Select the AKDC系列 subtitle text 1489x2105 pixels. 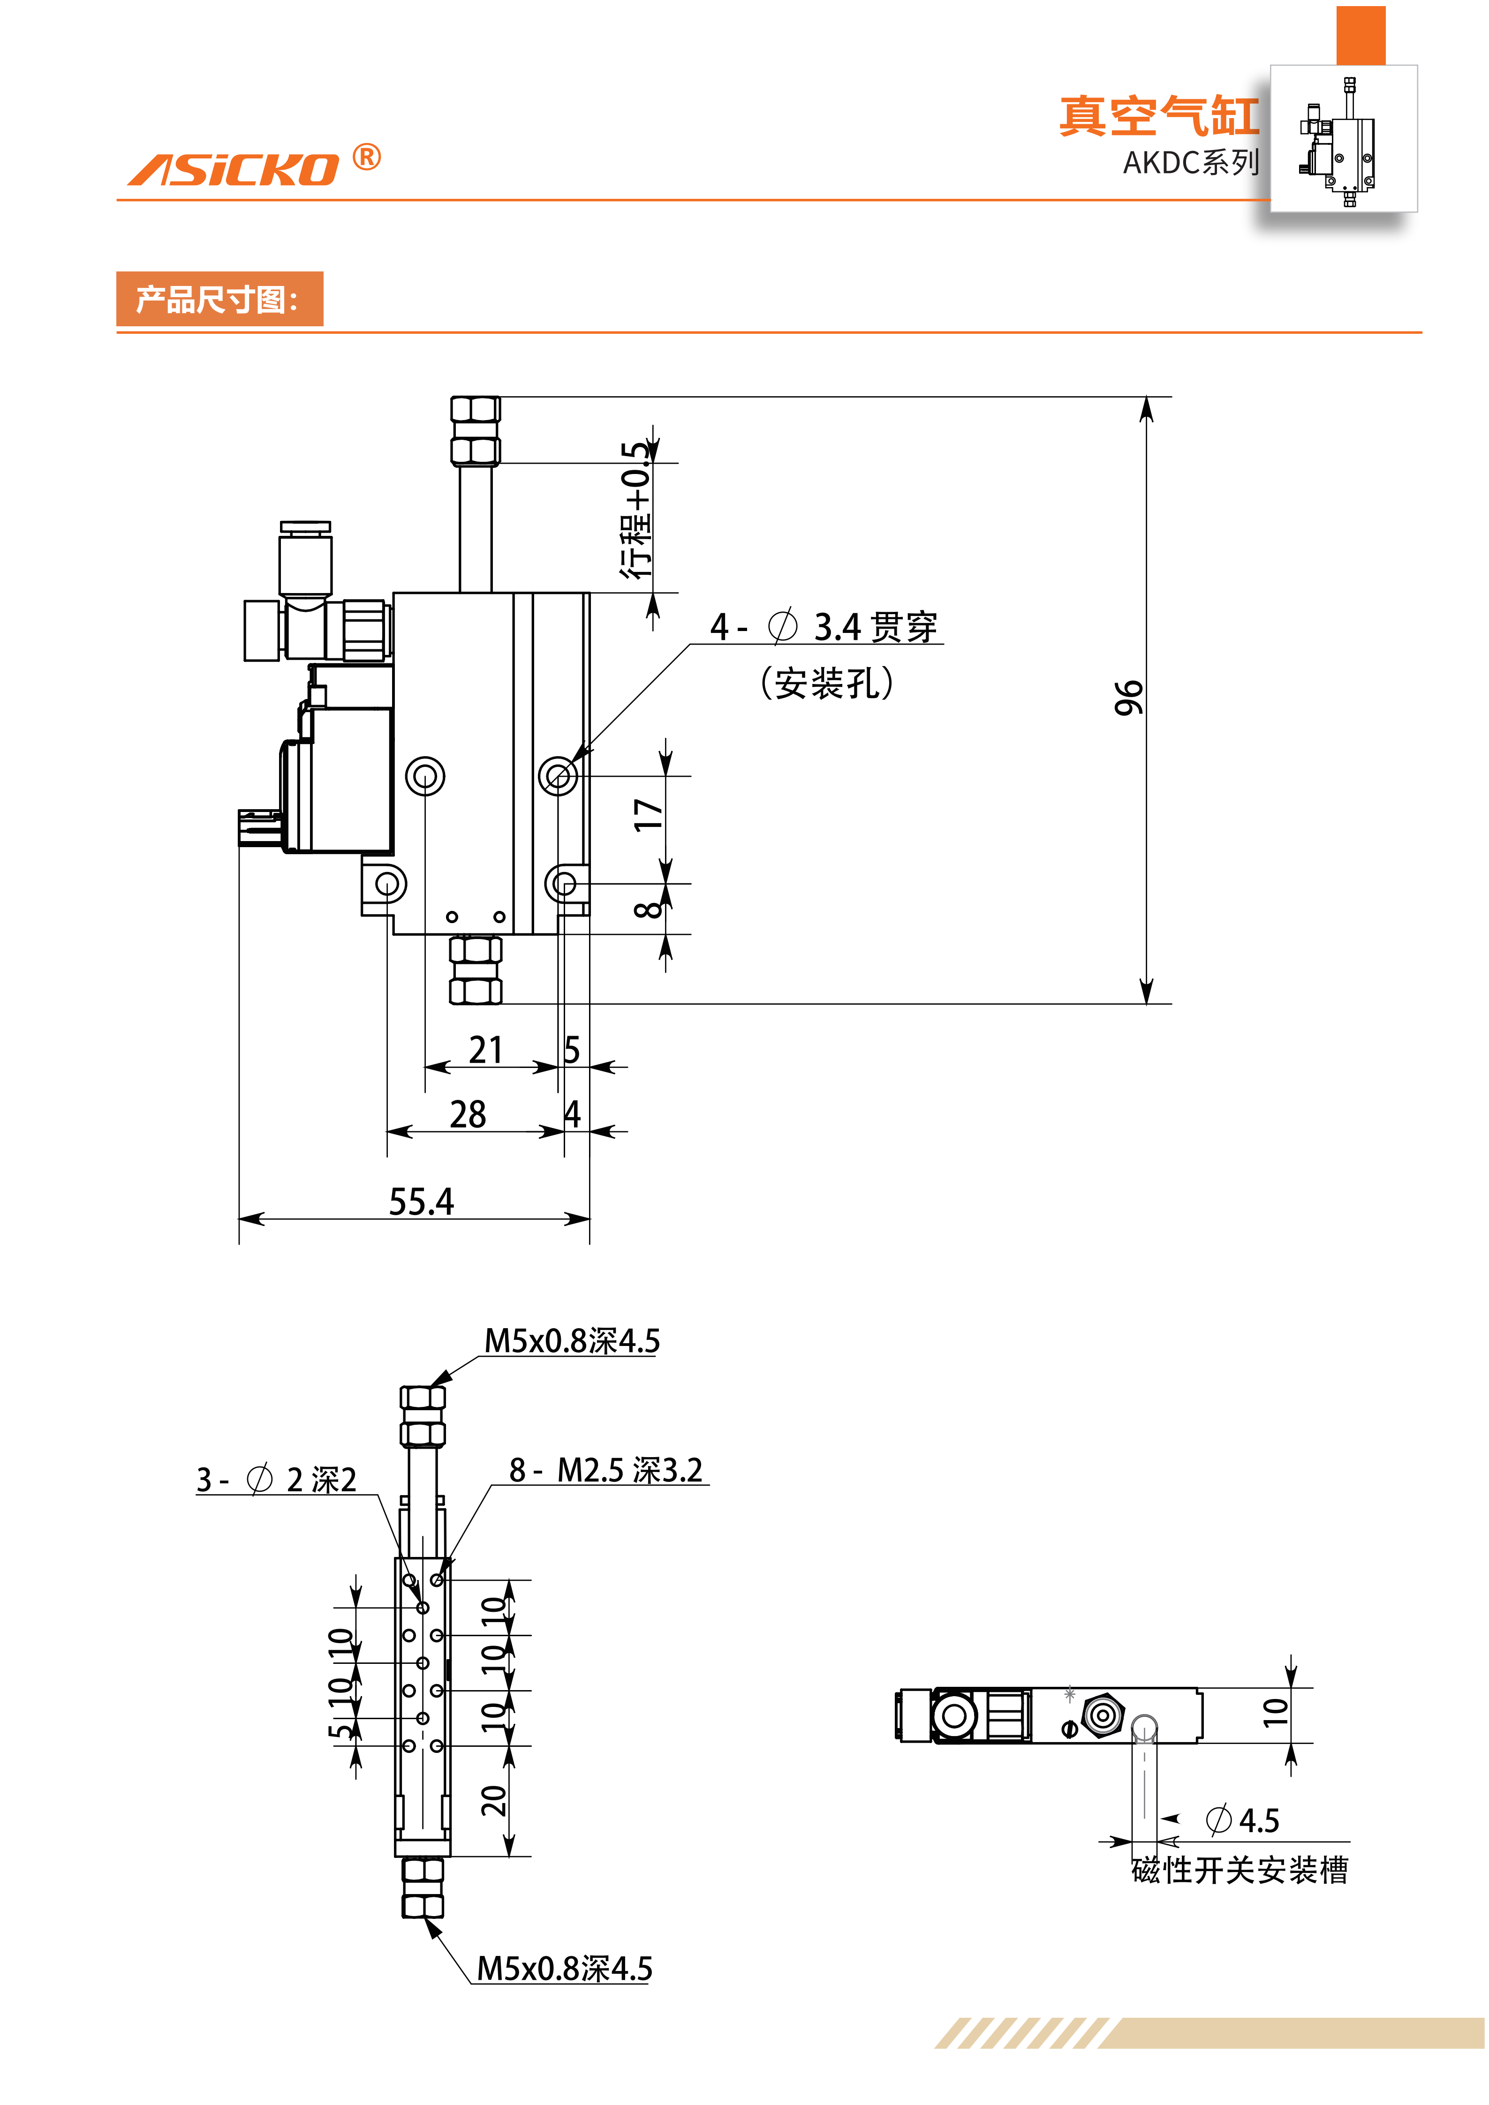1190,163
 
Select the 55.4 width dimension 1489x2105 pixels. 421,1201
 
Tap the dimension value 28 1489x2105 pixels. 468,1115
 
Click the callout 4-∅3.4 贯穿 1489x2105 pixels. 824,627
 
